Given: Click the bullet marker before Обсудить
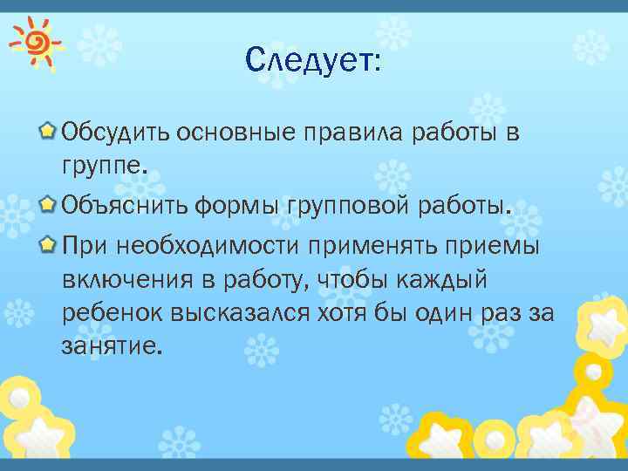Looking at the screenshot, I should pos(50,133).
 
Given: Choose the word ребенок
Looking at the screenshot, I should pos(113,312).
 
